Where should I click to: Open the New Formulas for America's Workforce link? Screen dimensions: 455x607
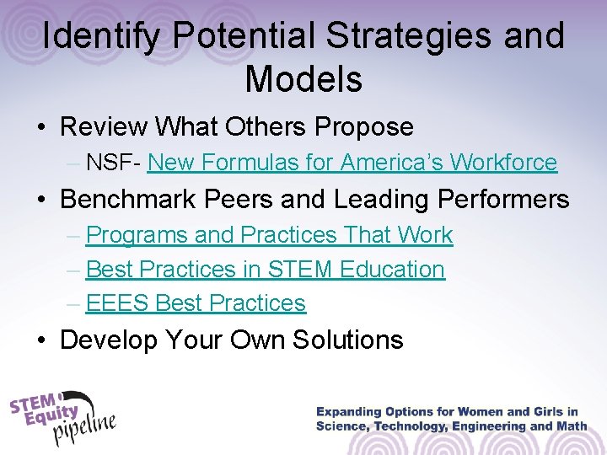tap(352, 162)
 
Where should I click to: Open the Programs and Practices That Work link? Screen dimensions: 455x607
tap(269, 235)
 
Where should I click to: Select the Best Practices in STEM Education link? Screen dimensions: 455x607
tap(265, 269)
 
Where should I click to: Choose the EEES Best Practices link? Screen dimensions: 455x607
tap(196, 302)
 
